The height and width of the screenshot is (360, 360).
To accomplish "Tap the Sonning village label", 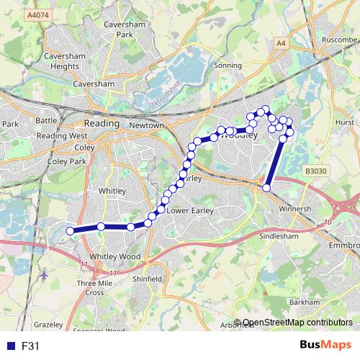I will (x=229, y=65).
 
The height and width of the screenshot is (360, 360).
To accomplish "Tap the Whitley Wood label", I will (x=114, y=256).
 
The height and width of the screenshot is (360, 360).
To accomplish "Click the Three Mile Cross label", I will (x=100, y=288).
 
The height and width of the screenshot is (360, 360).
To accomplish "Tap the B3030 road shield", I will (x=315, y=171).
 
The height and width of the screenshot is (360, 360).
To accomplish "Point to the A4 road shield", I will (x=280, y=44).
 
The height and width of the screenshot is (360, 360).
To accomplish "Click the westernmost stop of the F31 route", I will (x=71, y=230).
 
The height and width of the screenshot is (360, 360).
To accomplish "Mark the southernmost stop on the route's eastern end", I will (x=267, y=188).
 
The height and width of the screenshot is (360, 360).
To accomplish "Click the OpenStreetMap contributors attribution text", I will (x=297, y=323).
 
